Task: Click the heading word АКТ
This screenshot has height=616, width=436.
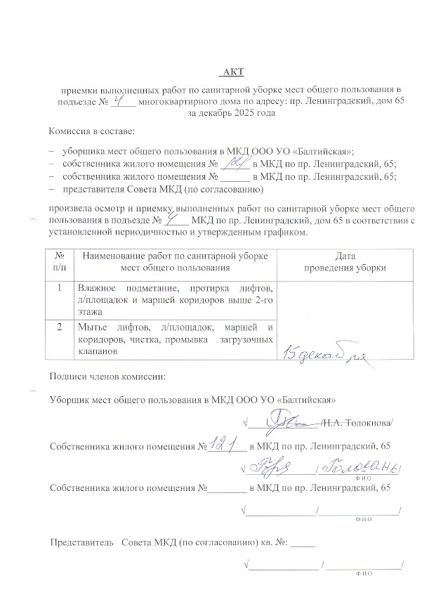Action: pos(232,72)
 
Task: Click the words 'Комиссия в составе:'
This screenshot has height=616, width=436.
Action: pos(91,132)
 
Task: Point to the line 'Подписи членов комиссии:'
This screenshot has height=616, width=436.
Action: pos(107,378)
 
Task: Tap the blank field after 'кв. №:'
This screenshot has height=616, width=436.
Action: pos(303,543)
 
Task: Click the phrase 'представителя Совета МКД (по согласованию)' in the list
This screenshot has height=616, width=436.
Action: pos(163,190)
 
